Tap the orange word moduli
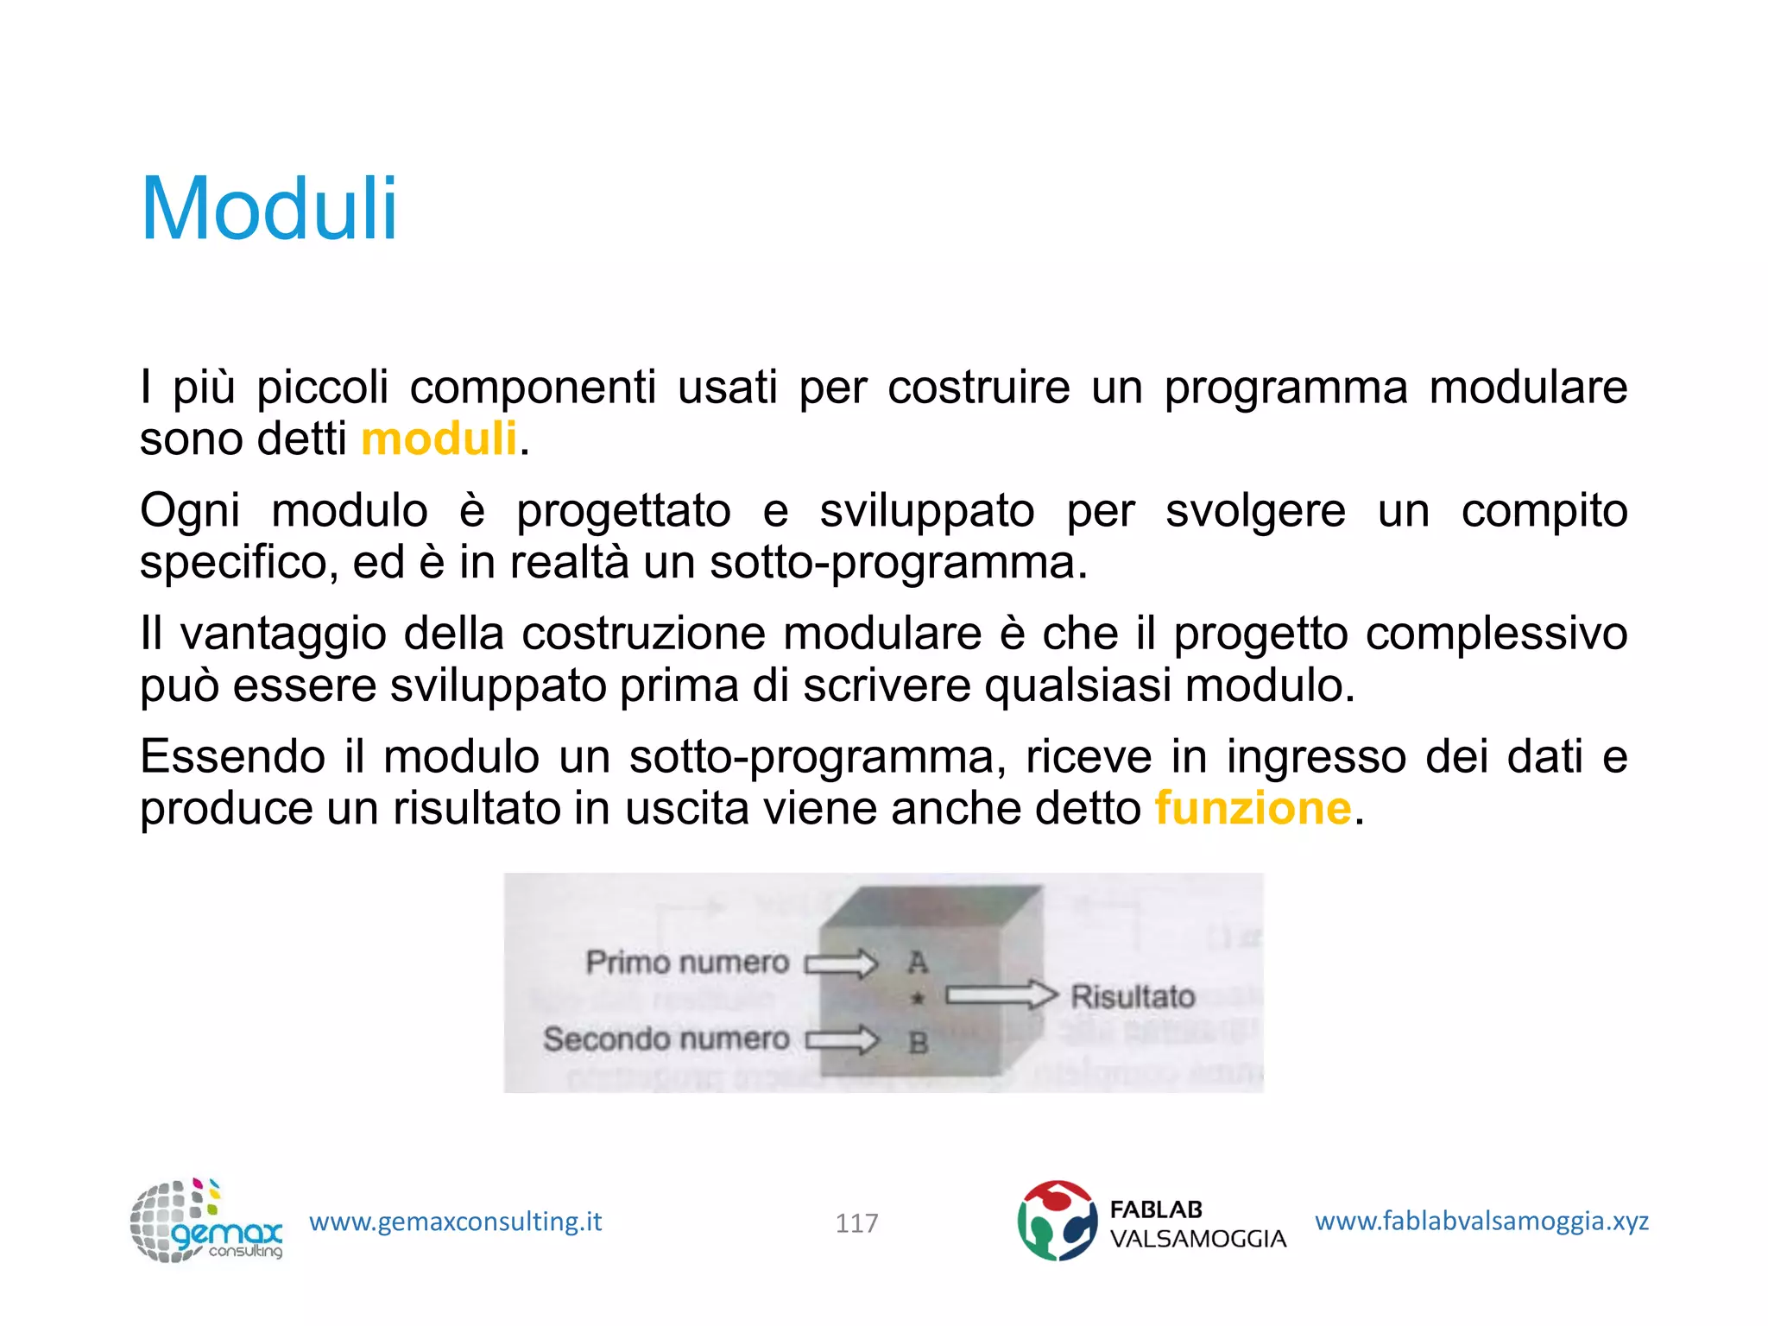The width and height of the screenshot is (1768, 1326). pos(439,439)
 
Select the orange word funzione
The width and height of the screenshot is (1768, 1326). pos(1253,809)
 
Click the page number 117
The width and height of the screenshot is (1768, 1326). pos(856,1222)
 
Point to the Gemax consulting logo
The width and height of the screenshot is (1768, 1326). pos(206,1221)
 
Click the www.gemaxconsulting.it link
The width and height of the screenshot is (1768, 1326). pos(455,1222)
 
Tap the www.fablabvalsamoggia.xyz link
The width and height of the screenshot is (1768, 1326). pos(1481,1221)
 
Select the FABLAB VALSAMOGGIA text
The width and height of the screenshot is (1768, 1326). pos(1197,1224)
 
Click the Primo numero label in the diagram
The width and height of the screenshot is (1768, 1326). pos(687,962)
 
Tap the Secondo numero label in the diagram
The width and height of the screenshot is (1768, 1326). pos(666,1039)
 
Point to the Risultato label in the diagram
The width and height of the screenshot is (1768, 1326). pos(1133,996)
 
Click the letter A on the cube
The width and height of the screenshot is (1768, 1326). pos(918,962)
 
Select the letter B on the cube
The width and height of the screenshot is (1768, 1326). pos(919,1043)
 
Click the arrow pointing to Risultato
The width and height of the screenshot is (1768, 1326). pos(1001,995)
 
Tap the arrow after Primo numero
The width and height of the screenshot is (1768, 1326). pos(842,963)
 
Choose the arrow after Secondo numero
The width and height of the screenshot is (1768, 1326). pos(842,1039)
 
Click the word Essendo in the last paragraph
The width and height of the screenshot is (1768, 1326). pos(232,757)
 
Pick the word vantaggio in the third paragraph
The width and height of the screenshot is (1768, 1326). pos(283,635)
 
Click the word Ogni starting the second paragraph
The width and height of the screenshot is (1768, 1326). pos(190,511)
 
